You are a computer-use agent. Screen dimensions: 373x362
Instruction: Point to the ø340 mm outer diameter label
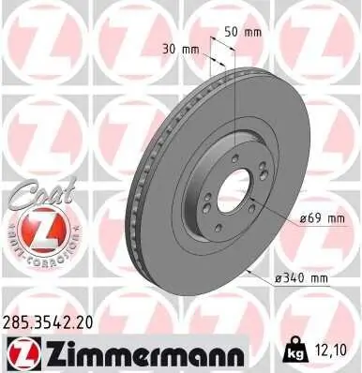coord(300,279)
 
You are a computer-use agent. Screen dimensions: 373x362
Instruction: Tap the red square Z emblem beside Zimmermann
coord(22,352)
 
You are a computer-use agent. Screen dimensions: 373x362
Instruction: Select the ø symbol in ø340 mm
coord(278,279)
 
